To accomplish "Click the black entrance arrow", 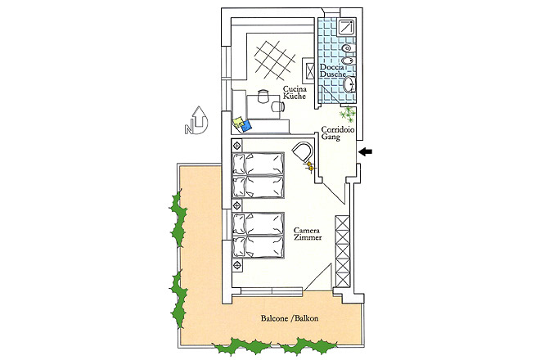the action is pyautogui.click(x=365, y=151).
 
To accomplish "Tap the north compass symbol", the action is pyautogui.click(x=196, y=120).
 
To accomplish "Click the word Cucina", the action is pyautogui.click(x=295, y=89).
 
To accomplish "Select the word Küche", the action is pyautogui.click(x=295, y=96).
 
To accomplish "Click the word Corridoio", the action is pyautogui.click(x=337, y=129).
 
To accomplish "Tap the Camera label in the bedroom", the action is pyautogui.click(x=307, y=230).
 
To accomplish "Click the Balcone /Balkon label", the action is pyautogui.click(x=290, y=318).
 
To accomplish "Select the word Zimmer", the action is pyautogui.click(x=308, y=237).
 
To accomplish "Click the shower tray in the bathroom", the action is pyautogui.click(x=346, y=28).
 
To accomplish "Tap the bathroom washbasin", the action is pyautogui.click(x=349, y=84).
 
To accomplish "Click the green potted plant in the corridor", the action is pyautogui.click(x=348, y=114).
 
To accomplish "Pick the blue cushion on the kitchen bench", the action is pyautogui.click(x=246, y=125).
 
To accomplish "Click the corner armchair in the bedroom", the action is pyautogui.click(x=303, y=152).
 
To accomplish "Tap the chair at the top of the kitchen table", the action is pyautogui.click(x=263, y=96).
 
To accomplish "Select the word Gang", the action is pyautogui.click(x=331, y=137).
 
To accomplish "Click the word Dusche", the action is pyautogui.click(x=333, y=74).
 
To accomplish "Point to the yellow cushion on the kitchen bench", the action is pyautogui.click(x=239, y=122).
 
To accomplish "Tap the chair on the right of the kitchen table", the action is pyautogui.click(x=277, y=107).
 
